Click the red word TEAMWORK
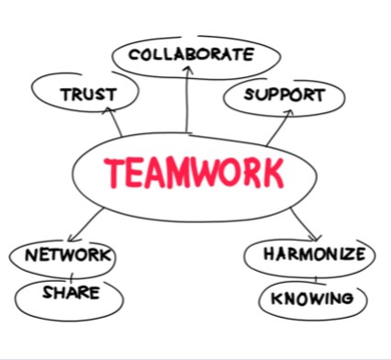(193, 172)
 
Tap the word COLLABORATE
(191, 54)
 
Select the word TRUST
(87, 95)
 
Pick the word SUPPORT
(285, 95)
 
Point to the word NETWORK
(68, 254)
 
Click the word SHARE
(70, 295)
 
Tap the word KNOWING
(313, 298)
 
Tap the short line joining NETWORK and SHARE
(70, 275)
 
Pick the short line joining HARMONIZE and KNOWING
(314, 276)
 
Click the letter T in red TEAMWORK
(114, 172)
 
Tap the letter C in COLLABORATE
(135, 54)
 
